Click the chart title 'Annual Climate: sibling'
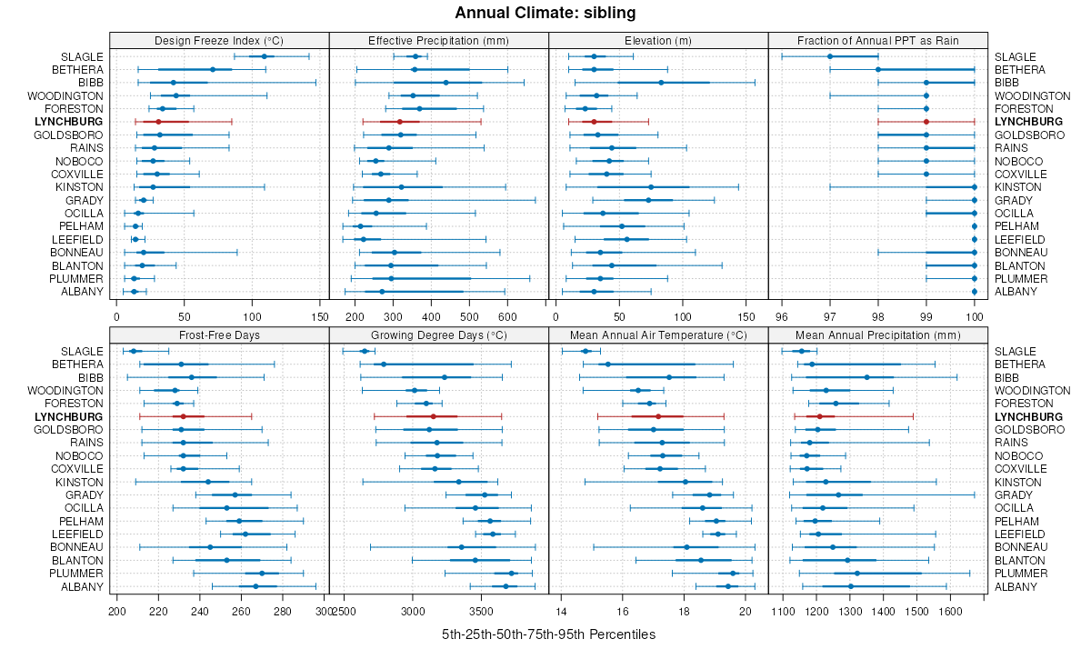(x=545, y=13)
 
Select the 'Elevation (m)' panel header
(x=658, y=40)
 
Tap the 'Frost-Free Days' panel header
(x=219, y=335)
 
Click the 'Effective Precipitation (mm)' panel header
(x=438, y=40)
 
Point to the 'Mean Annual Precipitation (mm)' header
(x=877, y=335)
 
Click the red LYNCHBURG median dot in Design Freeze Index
(x=158, y=121)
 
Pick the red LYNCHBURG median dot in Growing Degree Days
(x=434, y=416)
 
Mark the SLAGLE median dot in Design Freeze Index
(x=265, y=56)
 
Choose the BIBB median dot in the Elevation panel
(x=661, y=83)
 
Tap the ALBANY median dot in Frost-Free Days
(x=255, y=586)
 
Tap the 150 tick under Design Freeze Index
(x=320, y=317)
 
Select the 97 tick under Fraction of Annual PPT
(x=829, y=317)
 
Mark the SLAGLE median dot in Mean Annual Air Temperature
(x=586, y=351)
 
